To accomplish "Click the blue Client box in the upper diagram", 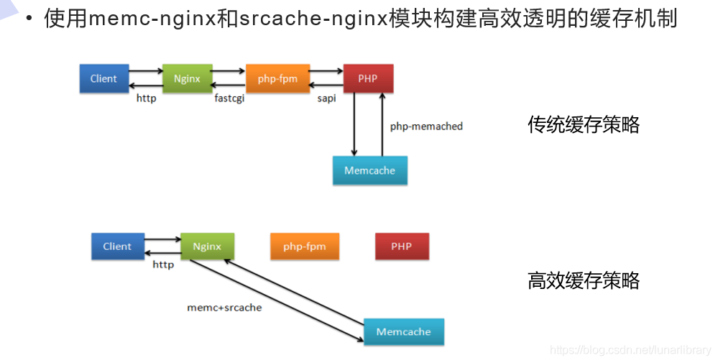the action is pos(104,78).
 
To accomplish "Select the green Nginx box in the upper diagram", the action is pos(188,78).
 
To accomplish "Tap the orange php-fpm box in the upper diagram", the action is pos(277,78).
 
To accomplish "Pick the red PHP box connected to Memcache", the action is pos(368,78).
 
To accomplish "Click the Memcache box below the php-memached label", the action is pos(370,170).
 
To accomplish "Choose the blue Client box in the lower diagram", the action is pos(118,247).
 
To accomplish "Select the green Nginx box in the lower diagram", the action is pos(207,247).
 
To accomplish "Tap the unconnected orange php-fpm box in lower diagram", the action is pos(305,247).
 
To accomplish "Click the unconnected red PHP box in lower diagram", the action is pos(402,247).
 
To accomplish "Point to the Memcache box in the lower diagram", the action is pos(404,331).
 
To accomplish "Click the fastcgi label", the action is pos(229,98).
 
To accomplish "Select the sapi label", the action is pos(326,98).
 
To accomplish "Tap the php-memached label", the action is pos(426,127).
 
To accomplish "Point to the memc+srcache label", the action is pos(224,308).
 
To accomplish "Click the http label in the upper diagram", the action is pos(147,98).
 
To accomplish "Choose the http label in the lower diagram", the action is pos(163,265).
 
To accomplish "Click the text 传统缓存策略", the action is pos(584,124).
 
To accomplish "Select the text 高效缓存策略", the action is pos(584,280).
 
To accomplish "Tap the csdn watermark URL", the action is pos(630,350).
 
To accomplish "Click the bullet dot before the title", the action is pos(29,19).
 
